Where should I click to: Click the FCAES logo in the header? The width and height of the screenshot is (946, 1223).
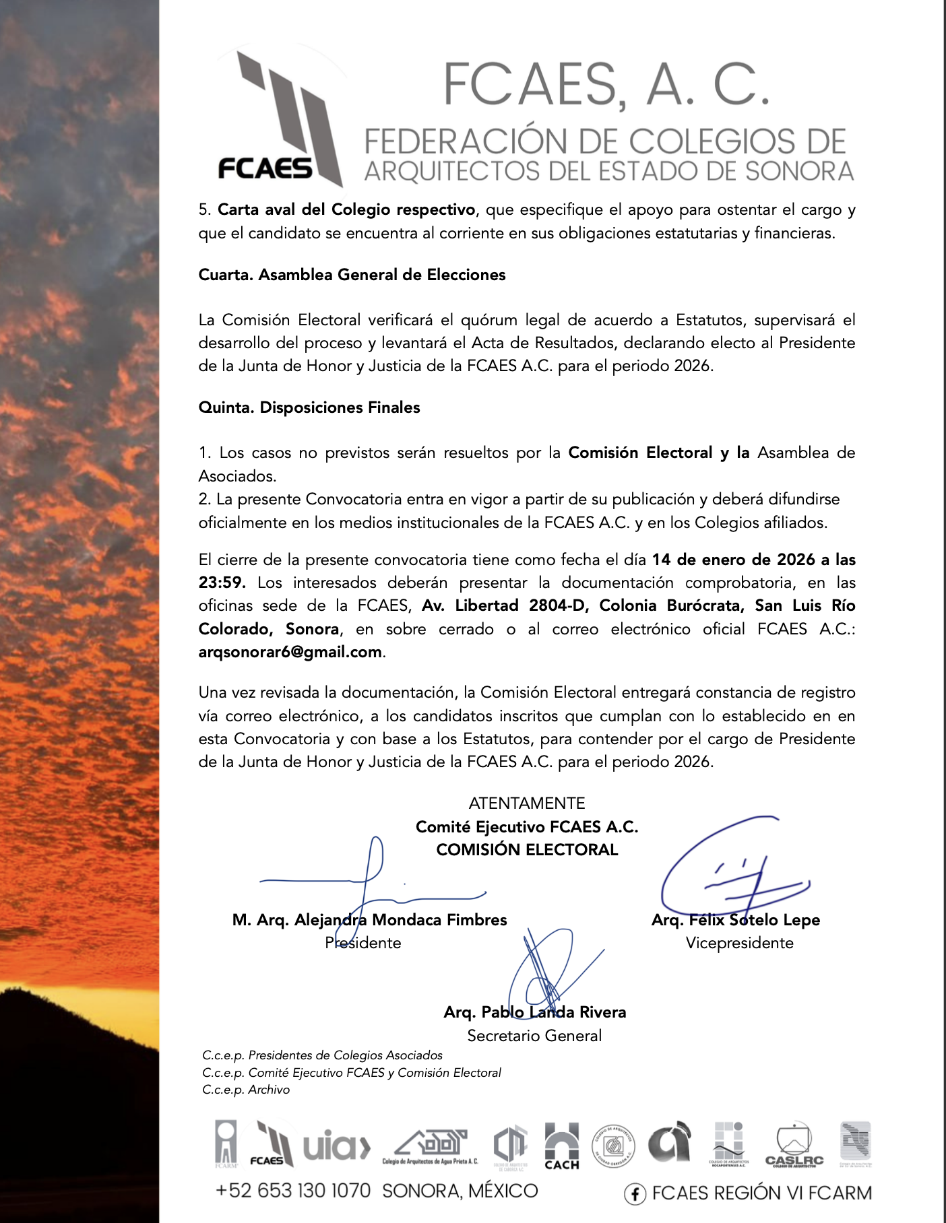280,121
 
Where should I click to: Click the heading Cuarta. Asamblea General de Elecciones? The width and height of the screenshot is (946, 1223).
352,275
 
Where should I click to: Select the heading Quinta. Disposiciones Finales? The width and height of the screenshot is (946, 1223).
309,407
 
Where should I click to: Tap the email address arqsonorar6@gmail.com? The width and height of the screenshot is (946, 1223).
290,652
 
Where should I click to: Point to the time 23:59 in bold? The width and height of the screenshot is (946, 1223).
222,583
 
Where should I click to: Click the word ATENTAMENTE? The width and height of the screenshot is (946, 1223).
527,803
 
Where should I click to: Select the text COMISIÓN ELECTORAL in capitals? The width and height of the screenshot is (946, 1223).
527,850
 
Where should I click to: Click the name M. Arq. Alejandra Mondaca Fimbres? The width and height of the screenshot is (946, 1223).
369,920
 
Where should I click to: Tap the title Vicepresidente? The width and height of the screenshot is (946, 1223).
739,943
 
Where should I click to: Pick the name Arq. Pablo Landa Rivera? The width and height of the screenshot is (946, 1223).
534,1012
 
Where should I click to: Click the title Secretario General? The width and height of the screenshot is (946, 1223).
534,1036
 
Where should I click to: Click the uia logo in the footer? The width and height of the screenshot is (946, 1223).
336,1146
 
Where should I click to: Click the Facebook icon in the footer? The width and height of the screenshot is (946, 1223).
635,1194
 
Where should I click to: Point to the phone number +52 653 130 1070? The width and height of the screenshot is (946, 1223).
293,1191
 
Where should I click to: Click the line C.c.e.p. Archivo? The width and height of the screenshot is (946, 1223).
246,1090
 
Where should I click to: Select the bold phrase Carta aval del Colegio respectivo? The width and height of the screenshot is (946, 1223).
346,209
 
